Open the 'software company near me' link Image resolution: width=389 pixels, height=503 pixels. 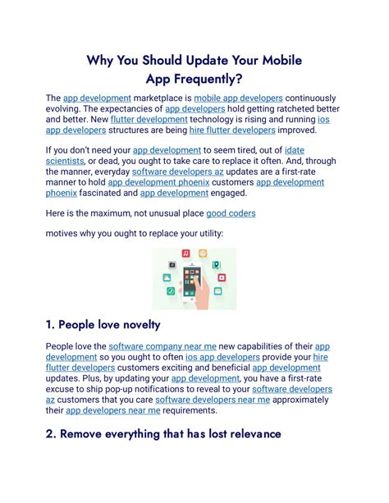[161, 347]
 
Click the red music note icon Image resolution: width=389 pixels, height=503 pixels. [186, 254]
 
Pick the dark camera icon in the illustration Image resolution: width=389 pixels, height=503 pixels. [172, 265]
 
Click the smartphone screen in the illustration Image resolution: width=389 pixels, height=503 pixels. [193, 282]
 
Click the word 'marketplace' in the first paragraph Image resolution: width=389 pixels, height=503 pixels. [161, 98]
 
